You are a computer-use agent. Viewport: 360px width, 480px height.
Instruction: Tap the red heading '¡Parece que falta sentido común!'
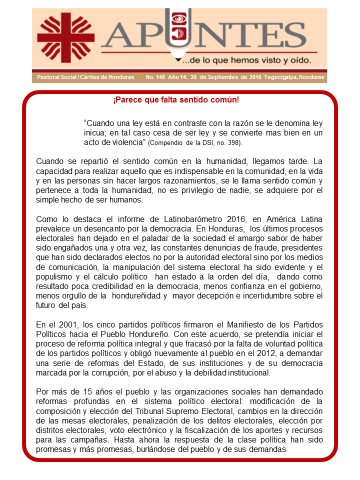coord(176,100)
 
